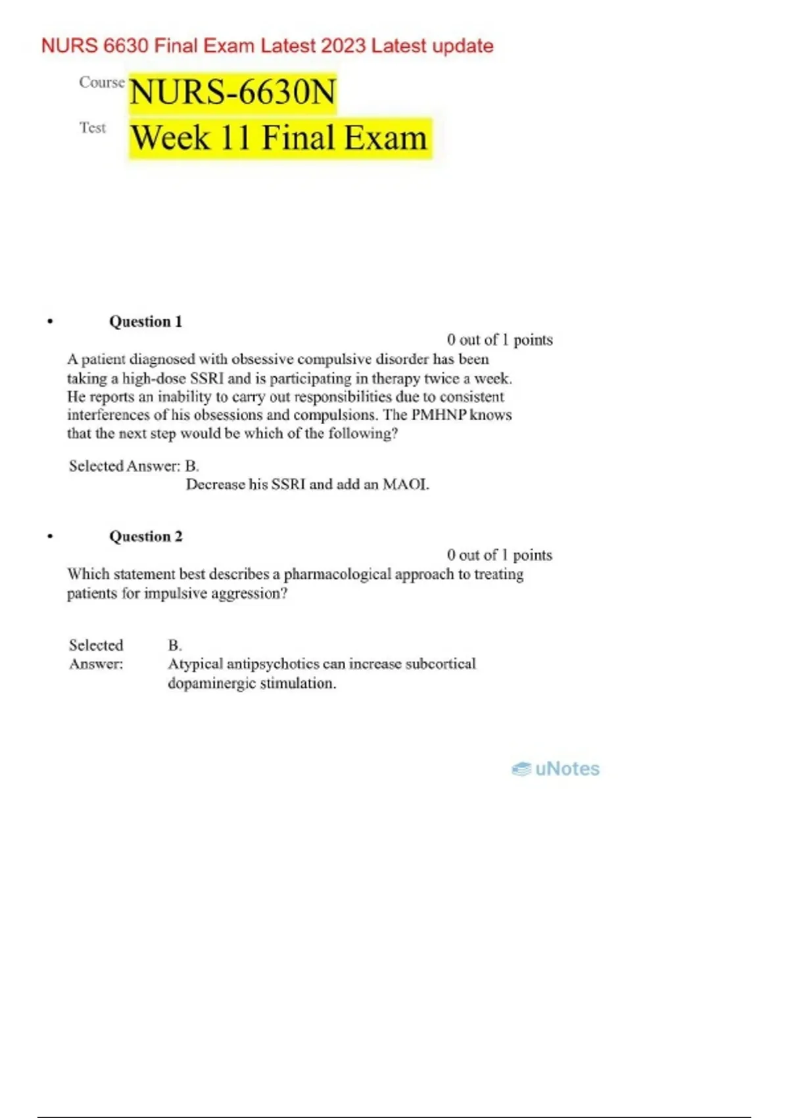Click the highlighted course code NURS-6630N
pos(233,92)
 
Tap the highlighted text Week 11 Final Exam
pos(279,138)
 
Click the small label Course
pos(101,82)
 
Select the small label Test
pos(93,128)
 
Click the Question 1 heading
pos(145,322)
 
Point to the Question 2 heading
pos(145,537)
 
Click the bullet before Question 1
pos(50,322)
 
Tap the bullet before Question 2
pos(50,537)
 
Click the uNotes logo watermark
pos(556,769)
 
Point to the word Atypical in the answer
pos(195,664)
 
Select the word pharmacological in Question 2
pos(337,574)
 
